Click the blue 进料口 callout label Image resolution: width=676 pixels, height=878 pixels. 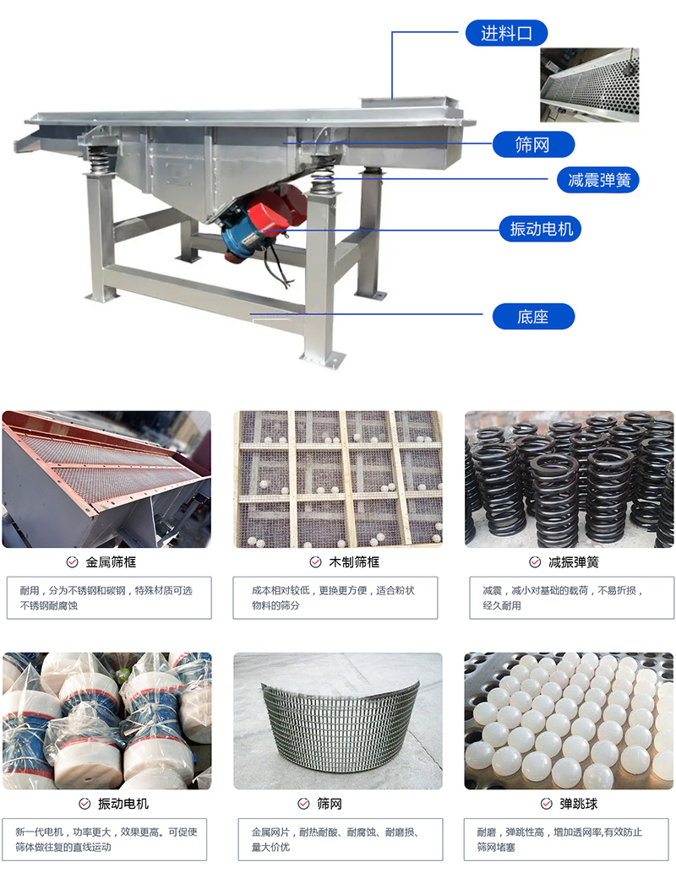click(x=507, y=34)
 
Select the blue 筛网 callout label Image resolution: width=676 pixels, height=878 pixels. click(x=532, y=144)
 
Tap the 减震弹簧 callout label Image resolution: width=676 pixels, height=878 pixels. click(x=598, y=179)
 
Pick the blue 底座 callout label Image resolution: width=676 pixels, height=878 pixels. click(x=532, y=317)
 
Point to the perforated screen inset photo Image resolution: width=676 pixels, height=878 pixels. click(x=590, y=84)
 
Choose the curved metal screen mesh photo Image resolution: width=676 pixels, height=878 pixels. click(x=338, y=721)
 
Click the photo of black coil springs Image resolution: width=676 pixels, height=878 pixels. click(x=570, y=480)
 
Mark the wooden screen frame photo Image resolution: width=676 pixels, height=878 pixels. click(x=338, y=480)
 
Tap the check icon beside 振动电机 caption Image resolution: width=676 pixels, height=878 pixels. click(x=84, y=804)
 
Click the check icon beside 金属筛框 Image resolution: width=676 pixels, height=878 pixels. click(x=72, y=562)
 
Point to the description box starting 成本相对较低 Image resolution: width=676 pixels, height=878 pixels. click(x=335, y=598)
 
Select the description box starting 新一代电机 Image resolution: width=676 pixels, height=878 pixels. click(x=106, y=839)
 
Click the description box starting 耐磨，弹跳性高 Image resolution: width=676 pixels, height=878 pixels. click(x=568, y=839)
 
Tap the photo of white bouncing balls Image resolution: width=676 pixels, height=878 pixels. click(x=570, y=721)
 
